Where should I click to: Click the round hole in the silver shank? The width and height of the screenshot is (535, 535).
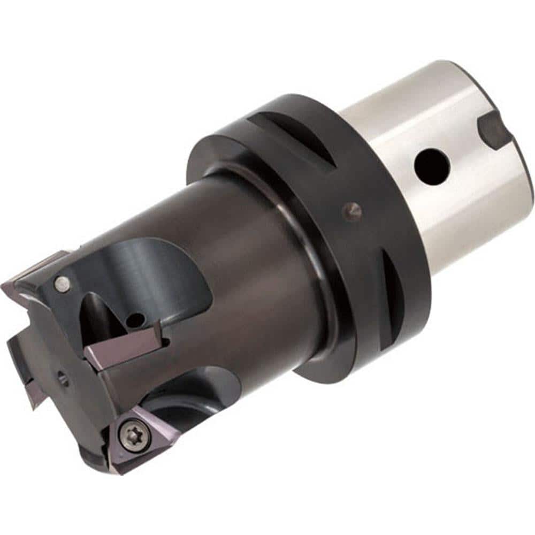(431, 166)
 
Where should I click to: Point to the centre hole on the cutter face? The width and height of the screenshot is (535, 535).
(63, 379)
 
